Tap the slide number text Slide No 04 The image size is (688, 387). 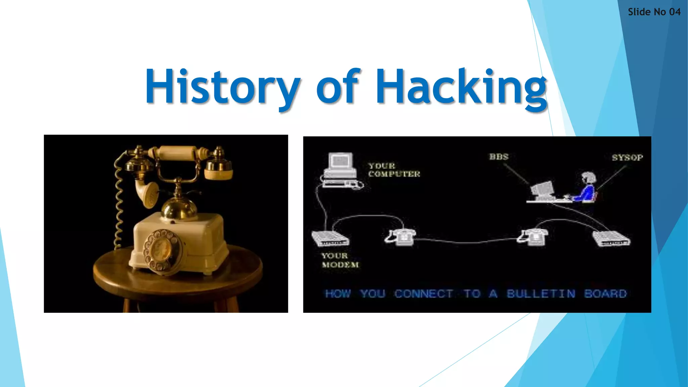[654, 12]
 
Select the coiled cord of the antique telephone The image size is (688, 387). [119, 202]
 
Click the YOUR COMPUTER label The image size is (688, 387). [394, 170]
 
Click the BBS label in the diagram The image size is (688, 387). [499, 157]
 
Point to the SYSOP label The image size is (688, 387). [627, 158]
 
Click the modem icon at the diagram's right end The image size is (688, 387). [611, 239]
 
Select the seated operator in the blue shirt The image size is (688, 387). [586, 188]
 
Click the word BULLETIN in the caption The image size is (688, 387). [541, 294]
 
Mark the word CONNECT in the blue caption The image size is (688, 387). [424, 294]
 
